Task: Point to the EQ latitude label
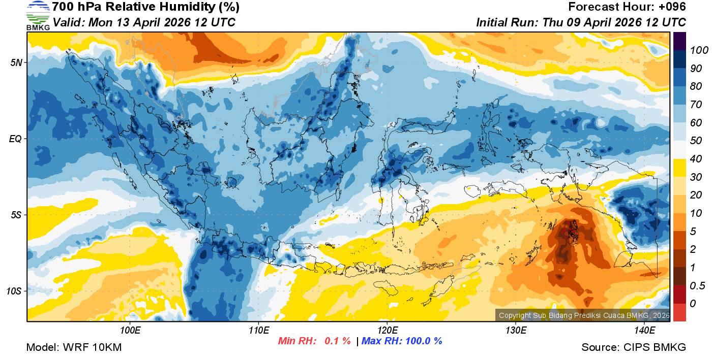(x=15, y=139)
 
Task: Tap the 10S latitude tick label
(x=14, y=291)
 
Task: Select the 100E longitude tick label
(x=130, y=331)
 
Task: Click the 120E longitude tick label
(x=387, y=331)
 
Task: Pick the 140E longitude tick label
(x=644, y=331)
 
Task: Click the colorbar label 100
(x=696, y=50)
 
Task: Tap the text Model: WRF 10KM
(x=74, y=348)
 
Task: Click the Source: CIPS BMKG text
(x=634, y=348)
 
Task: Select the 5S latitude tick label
(x=16, y=215)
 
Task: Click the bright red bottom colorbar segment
(x=679, y=312)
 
